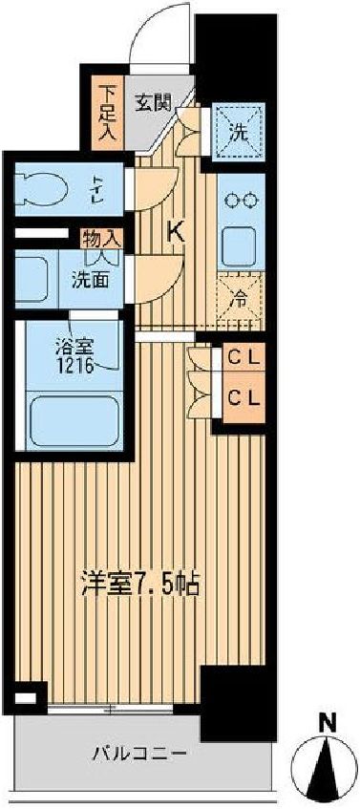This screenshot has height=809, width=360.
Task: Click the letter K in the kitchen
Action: click(x=177, y=230)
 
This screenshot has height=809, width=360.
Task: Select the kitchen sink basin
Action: click(x=238, y=247)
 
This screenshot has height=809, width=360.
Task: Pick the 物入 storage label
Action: click(x=101, y=237)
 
